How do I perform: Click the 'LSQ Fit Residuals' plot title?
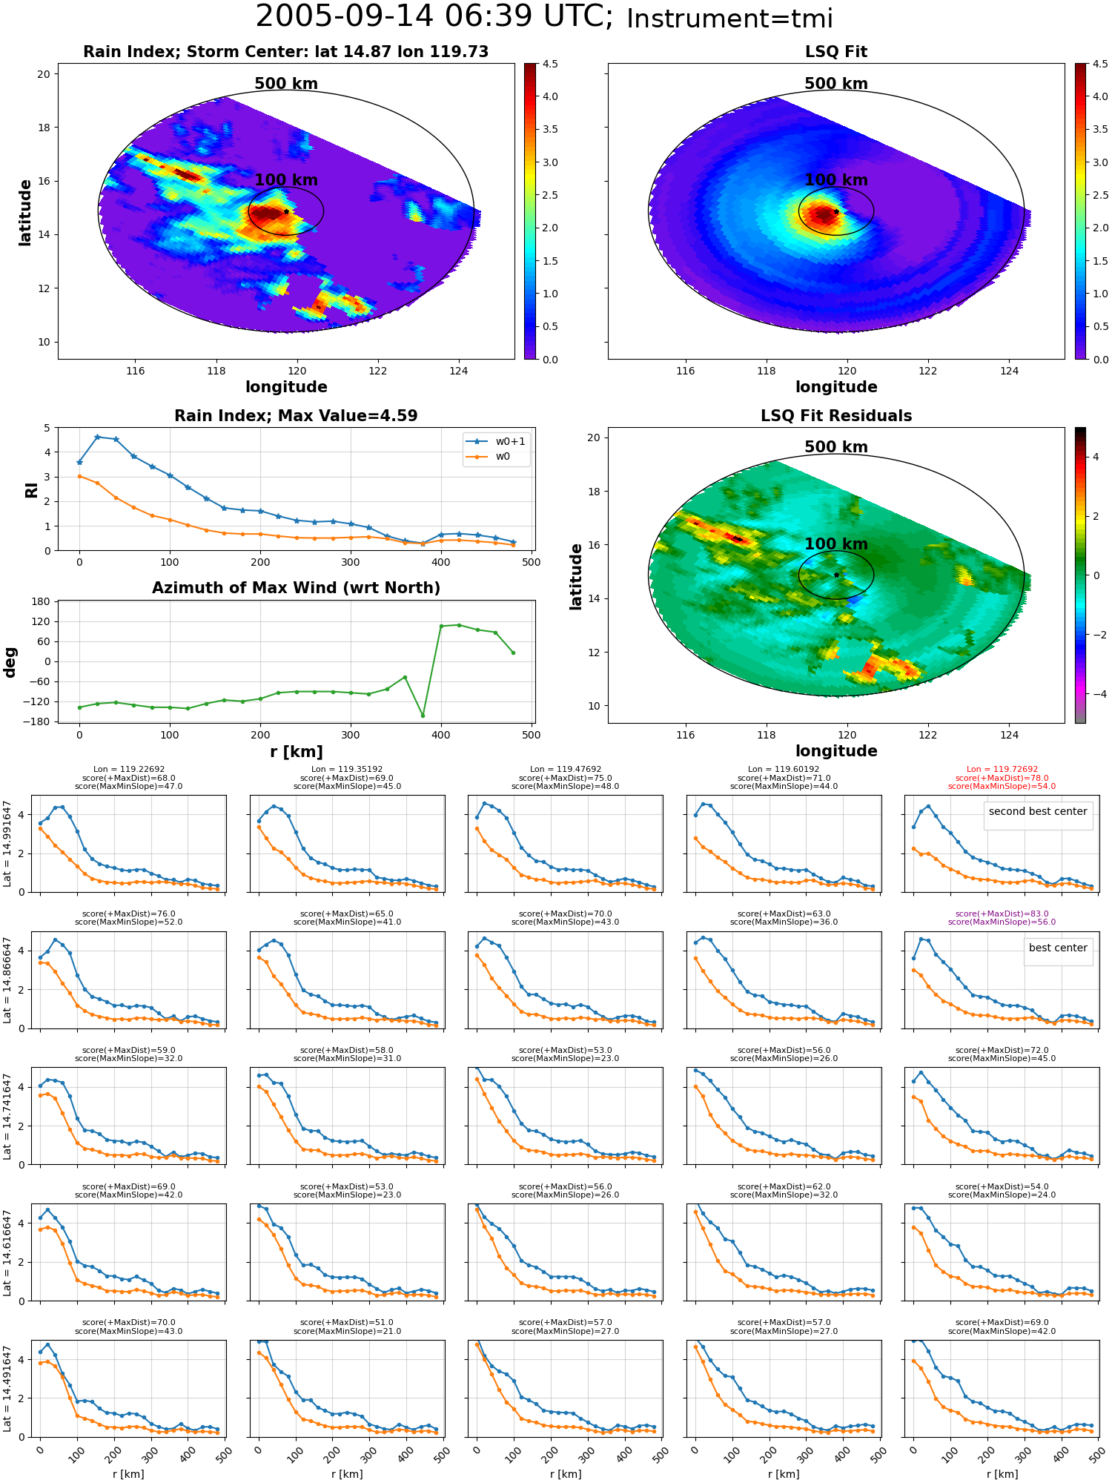click(836, 416)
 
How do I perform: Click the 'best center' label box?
click(1058, 948)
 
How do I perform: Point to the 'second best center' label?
click(1038, 811)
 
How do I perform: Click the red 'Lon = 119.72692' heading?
click(1002, 769)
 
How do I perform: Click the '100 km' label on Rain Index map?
click(286, 180)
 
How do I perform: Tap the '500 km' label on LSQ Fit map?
click(836, 84)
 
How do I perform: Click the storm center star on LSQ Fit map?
click(836, 211)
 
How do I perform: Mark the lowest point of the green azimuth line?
click(423, 716)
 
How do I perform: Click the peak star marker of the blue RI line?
click(98, 437)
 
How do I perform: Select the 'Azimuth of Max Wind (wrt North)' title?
click(296, 588)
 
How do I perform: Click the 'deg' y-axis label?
click(10, 662)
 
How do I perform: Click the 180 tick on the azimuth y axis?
click(42, 601)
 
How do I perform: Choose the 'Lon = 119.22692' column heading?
click(129, 769)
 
